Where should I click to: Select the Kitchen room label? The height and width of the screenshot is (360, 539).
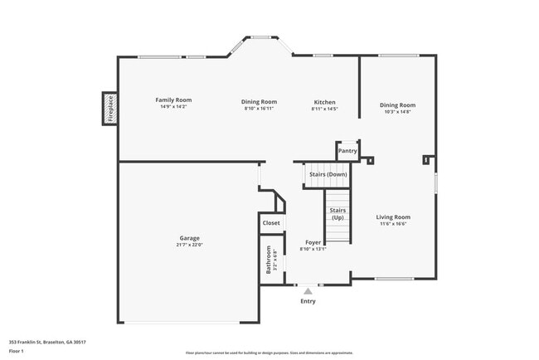click(x=324, y=102)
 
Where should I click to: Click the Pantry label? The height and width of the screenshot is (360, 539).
click(x=348, y=151)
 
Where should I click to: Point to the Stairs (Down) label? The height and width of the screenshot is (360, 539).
click(x=328, y=174)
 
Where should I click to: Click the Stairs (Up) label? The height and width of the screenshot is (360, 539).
click(x=337, y=214)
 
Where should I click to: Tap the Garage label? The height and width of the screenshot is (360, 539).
click(x=190, y=238)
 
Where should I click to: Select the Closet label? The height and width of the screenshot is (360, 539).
click(x=271, y=222)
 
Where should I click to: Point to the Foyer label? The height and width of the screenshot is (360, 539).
click(x=313, y=242)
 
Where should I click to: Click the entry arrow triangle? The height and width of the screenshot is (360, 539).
click(x=308, y=292)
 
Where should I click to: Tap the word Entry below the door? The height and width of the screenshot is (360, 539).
click(x=308, y=301)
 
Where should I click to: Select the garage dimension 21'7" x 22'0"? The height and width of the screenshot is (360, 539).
click(x=190, y=245)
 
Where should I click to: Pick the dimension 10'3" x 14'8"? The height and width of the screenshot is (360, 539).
click(x=398, y=111)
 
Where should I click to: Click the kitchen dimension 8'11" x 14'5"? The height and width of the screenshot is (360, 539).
click(x=324, y=109)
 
